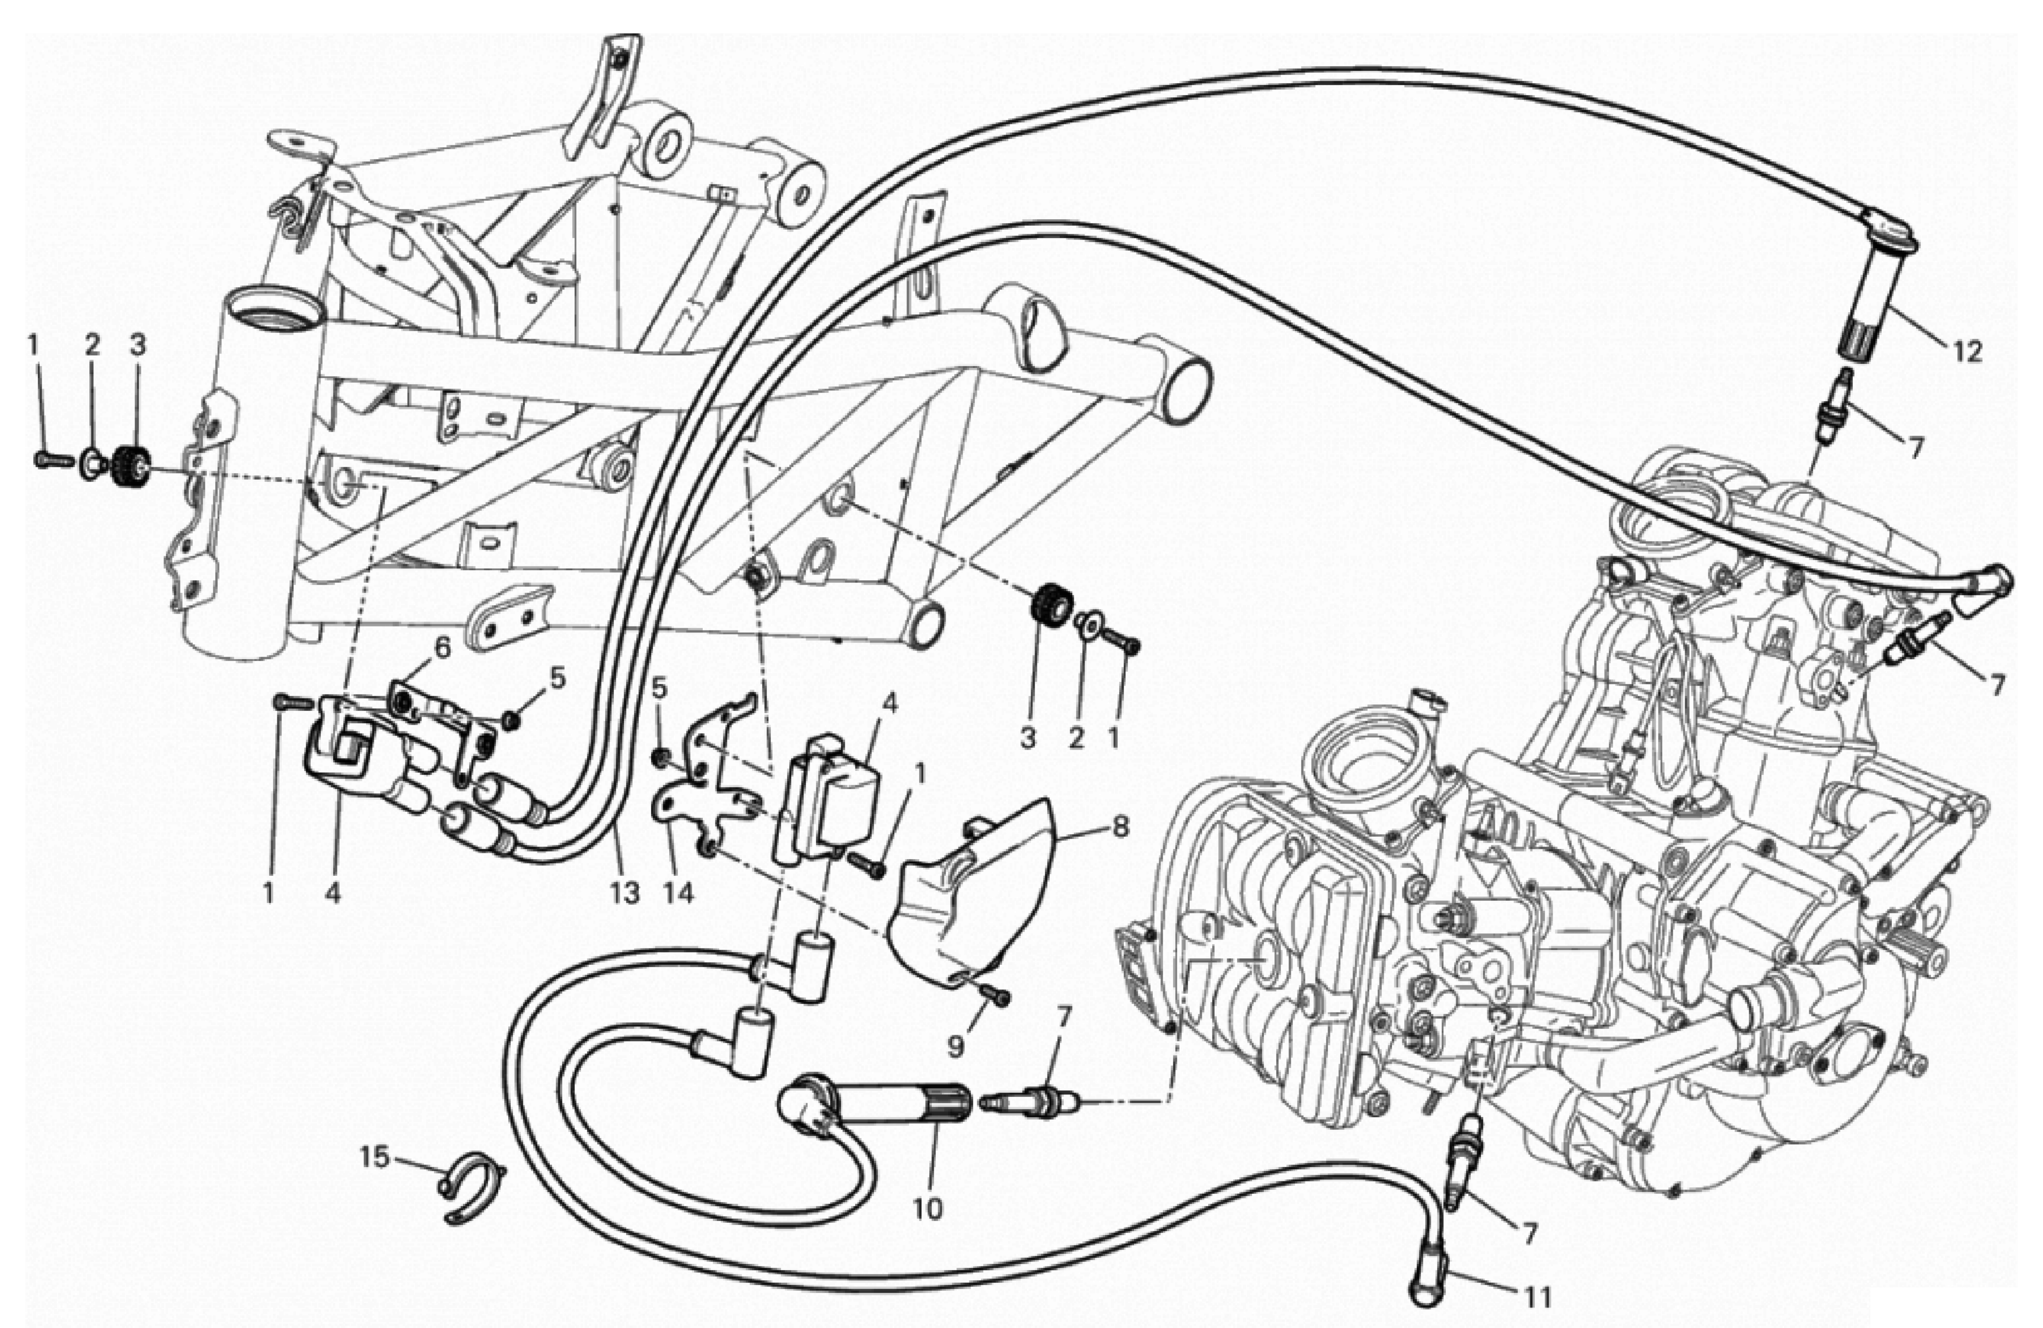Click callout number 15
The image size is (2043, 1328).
(374, 1157)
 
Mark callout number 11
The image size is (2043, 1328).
(1536, 1296)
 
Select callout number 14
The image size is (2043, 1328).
(678, 893)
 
